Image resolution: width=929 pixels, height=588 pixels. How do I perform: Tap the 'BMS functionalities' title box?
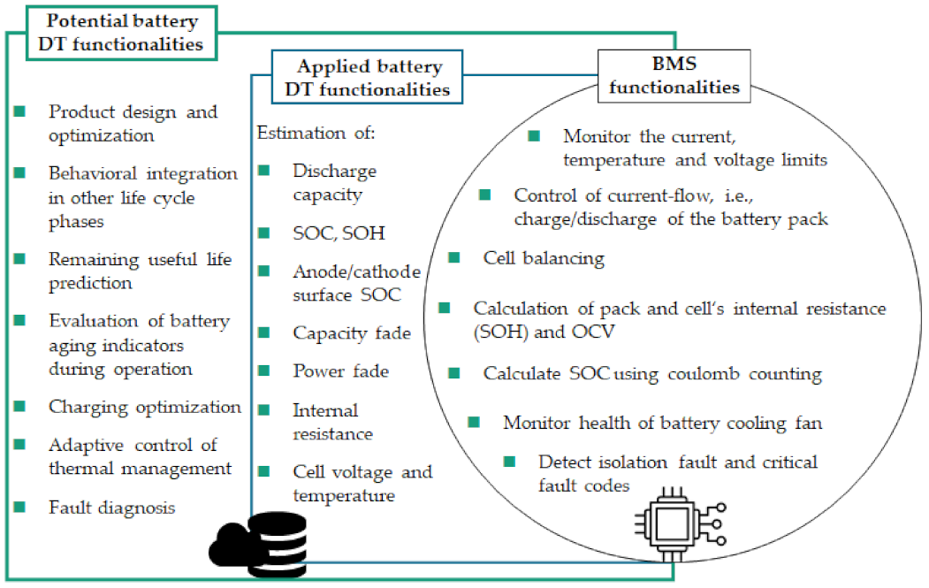pyautogui.click(x=675, y=74)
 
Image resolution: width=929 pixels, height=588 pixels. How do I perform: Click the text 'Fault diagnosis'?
pyautogui.click(x=112, y=508)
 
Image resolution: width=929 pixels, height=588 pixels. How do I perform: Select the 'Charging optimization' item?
pyautogui.click(x=145, y=407)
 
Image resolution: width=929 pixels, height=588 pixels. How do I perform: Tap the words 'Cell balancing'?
pyautogui.click(x=544, y=258)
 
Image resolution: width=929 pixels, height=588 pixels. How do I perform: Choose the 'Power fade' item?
pyautogui.click(x=340, y=371)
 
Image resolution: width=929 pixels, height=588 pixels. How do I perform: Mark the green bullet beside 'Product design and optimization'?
pyautogui.click(x=20, y=112)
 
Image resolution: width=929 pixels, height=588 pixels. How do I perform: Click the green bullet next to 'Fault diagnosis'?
pyautogui.click(x=20, y=507)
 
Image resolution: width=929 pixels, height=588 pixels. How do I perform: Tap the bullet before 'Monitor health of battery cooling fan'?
pyautogui.click(x=475, y=422)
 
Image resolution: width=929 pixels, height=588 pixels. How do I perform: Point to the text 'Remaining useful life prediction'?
pyautogui.click(x=140, y=271)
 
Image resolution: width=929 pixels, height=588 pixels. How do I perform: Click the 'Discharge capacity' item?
pyautogui.click(x=335, y=181)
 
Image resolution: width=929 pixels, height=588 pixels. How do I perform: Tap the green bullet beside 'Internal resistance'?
pyautogui.click(x=263, y=410)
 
